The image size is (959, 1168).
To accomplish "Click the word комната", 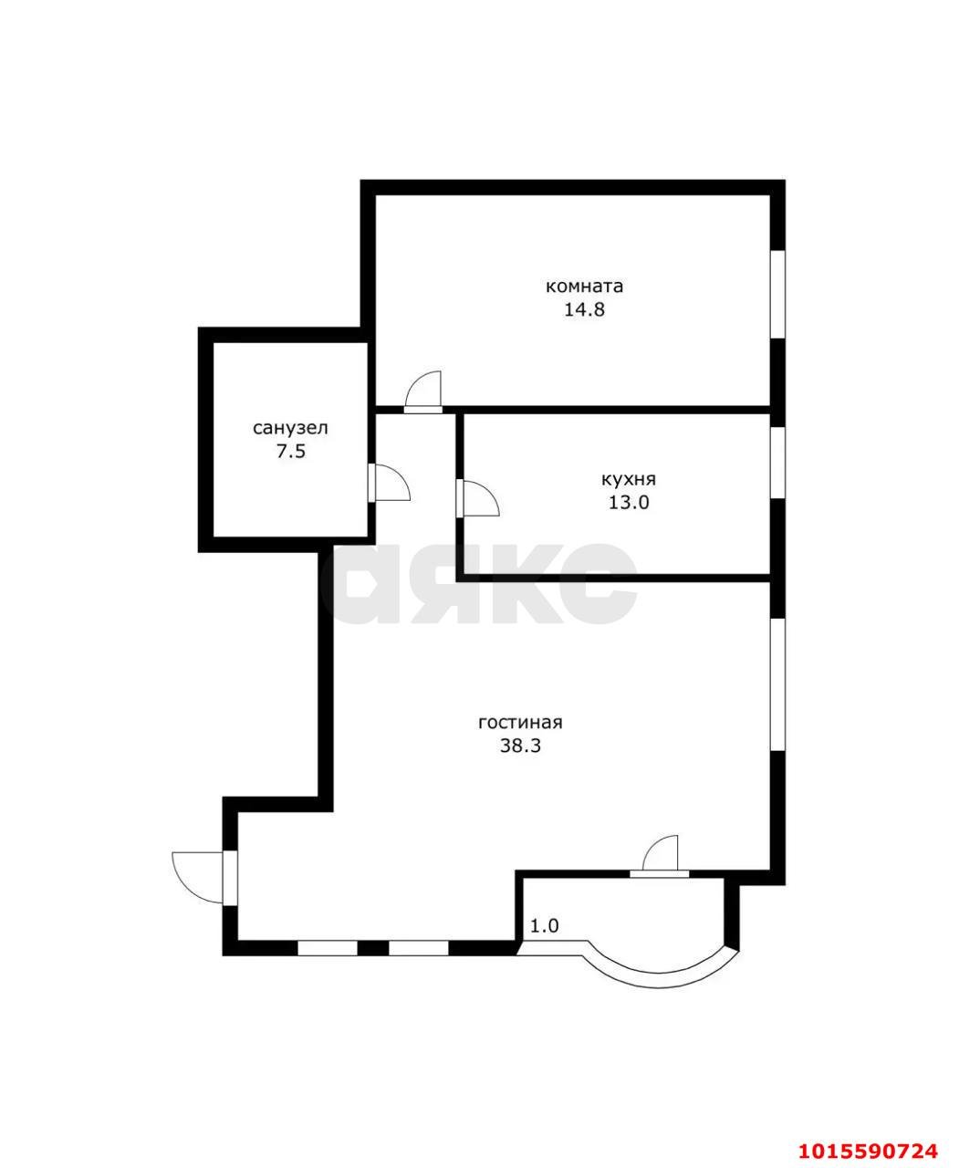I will pos(584,287).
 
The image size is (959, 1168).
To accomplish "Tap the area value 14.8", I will pos(584,309).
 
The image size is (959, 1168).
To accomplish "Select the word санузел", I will pos(290,428).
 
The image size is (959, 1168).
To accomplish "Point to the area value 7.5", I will pos(290,451).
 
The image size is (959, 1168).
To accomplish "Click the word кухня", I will pos(629,479).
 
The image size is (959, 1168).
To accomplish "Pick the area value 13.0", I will pos(629,502).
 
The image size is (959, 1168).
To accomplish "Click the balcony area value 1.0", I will pos(545,926).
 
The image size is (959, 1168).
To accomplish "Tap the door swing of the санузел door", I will pos(391,483).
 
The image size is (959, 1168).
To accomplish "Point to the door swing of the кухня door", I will pos(480,498).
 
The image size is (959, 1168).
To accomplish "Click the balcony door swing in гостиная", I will pos(662,854).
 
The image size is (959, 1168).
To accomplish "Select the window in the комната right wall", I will pos(777,294).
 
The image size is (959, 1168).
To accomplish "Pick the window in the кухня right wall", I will pos(777,463).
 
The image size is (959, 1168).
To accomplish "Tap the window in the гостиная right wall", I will pos(777,685).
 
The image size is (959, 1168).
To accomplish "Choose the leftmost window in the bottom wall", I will pos(327,948).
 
